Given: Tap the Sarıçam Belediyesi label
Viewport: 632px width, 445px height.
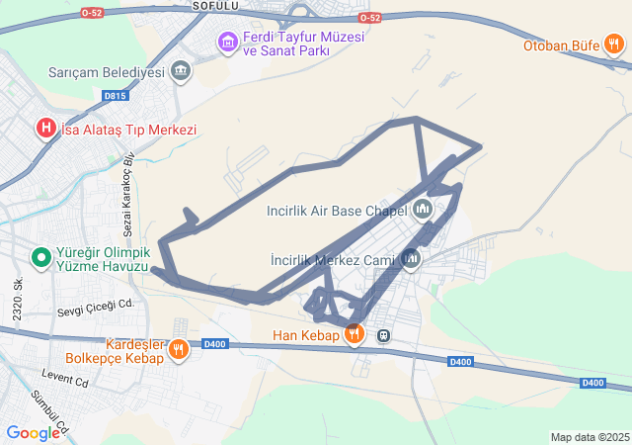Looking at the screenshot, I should (x=106, y=72).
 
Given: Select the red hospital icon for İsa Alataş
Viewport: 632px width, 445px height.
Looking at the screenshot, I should (x=45, y=129).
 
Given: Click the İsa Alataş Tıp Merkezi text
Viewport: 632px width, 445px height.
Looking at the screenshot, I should (x=129, y=130).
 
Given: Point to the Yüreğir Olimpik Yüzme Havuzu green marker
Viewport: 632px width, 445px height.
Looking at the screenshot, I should (x=40, y=258).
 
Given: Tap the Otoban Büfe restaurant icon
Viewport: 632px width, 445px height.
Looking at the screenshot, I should (x=614, y=44).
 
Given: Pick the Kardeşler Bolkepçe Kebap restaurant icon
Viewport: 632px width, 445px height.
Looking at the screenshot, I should (x=178, y=348).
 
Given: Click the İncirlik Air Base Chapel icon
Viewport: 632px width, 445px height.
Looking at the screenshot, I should (x=423, y=210).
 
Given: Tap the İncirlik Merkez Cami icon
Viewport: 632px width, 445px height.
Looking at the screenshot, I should (x=410, y=259).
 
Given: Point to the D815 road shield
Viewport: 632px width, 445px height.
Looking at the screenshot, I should (x=115, y=96).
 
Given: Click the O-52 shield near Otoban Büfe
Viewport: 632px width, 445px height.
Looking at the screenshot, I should (x=369, y=18).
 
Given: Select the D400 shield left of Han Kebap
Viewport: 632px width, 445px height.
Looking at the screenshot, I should (x=214, y=344).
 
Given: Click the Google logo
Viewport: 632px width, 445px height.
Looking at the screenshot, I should (x=33, y=432).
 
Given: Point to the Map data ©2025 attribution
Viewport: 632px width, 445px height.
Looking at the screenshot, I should (x=590, y=437).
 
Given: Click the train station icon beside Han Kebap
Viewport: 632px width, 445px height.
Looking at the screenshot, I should (x=383, y=335).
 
